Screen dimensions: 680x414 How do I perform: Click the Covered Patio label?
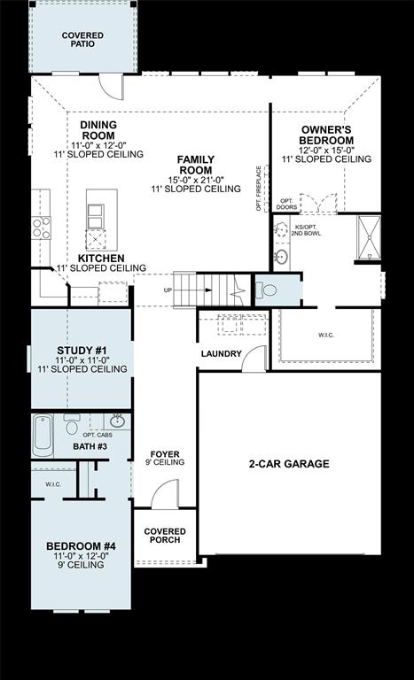(x=82, y=41)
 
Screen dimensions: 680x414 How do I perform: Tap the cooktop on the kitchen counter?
(x=41, y=228)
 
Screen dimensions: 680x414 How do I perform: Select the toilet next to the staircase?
(x=266, y=290)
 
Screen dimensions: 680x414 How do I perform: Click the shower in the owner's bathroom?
(x=368, y=237)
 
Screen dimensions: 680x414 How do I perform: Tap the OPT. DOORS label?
(x=286, y=205)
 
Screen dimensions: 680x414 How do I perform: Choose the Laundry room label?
(x=221, y=353)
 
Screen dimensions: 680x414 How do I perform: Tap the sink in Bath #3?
(x=117, y=421)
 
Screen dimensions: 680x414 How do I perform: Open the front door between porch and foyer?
(x=164, y=496)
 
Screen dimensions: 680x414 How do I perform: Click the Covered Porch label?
(x=164, y=535)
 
